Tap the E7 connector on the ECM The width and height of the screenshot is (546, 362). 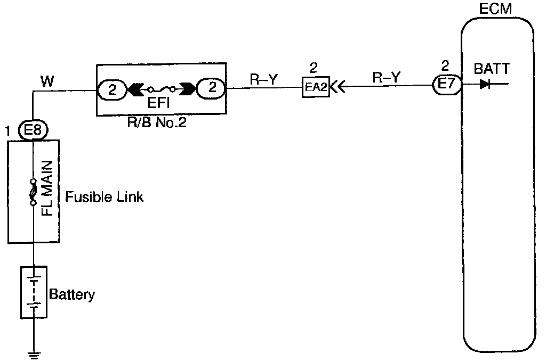click(446, 85)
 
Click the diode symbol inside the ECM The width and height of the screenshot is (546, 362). click(485, 84)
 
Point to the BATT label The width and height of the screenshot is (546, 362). click(491, 69)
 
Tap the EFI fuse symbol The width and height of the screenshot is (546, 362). click(162, 89)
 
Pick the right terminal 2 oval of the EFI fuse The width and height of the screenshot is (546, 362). click(211, 89)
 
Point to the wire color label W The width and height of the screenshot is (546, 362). click(47, 81)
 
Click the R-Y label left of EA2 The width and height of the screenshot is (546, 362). click(263, 79)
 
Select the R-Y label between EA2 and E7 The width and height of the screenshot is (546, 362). click(385, 78)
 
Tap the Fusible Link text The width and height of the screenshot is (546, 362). click(105, 197)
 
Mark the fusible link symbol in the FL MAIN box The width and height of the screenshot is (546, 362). click(33, 193)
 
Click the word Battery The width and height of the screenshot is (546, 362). click(72, 294)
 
